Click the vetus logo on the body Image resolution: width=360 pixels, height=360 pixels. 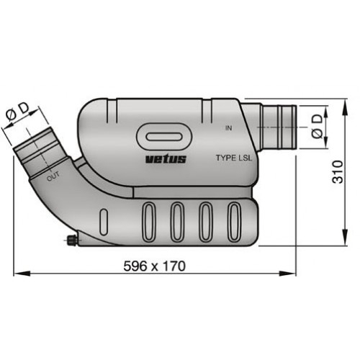tap(166, 159)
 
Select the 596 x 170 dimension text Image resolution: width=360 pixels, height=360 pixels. tap(156, 266)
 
